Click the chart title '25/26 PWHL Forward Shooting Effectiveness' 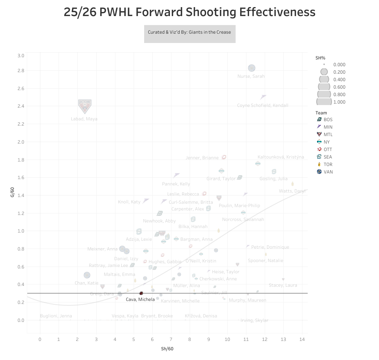pos(189,12)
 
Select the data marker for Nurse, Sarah pos(252,68)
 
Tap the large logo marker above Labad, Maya pos(85,106)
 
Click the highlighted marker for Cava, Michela pos(141,293)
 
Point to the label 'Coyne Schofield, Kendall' pos(262,105)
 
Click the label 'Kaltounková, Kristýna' pos(281,157)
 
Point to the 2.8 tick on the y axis pos(21,71)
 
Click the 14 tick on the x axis pos(302,339)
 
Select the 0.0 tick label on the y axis pos(21,320)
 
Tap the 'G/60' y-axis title pos(12,193)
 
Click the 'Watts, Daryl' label pos(292,191)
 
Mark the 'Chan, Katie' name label pos(87,283)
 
